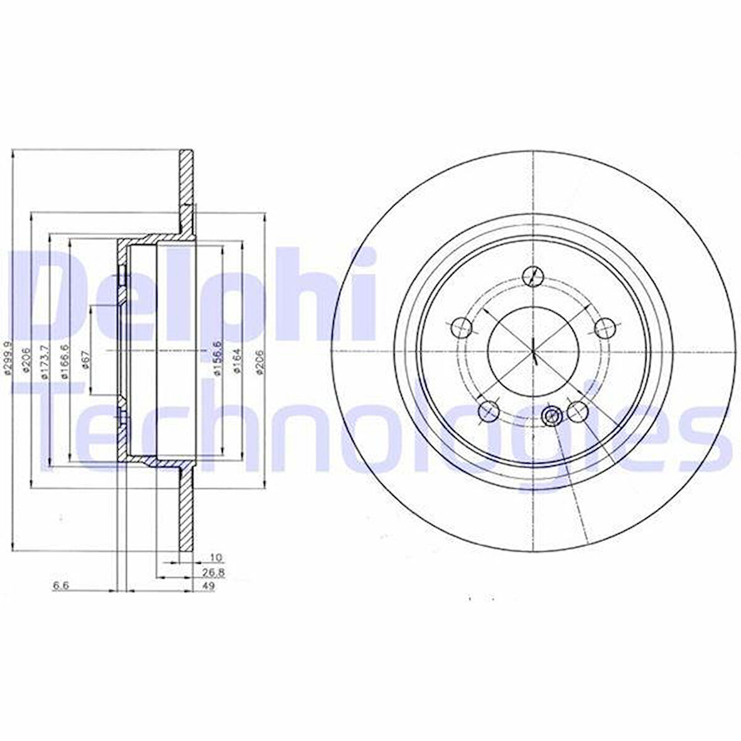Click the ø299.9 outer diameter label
pyautogui.click(x=8, y=357)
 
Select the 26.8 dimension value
pyautogui.click(x=215, y=572)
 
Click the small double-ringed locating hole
pyautogui.click(x=551, y=415)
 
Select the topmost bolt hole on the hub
pyautogui.click(x=533, y=275)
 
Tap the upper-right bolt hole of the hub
pyautogui.click(x=603, y=326)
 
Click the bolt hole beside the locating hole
pyautogui.click(x=576, y=411)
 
